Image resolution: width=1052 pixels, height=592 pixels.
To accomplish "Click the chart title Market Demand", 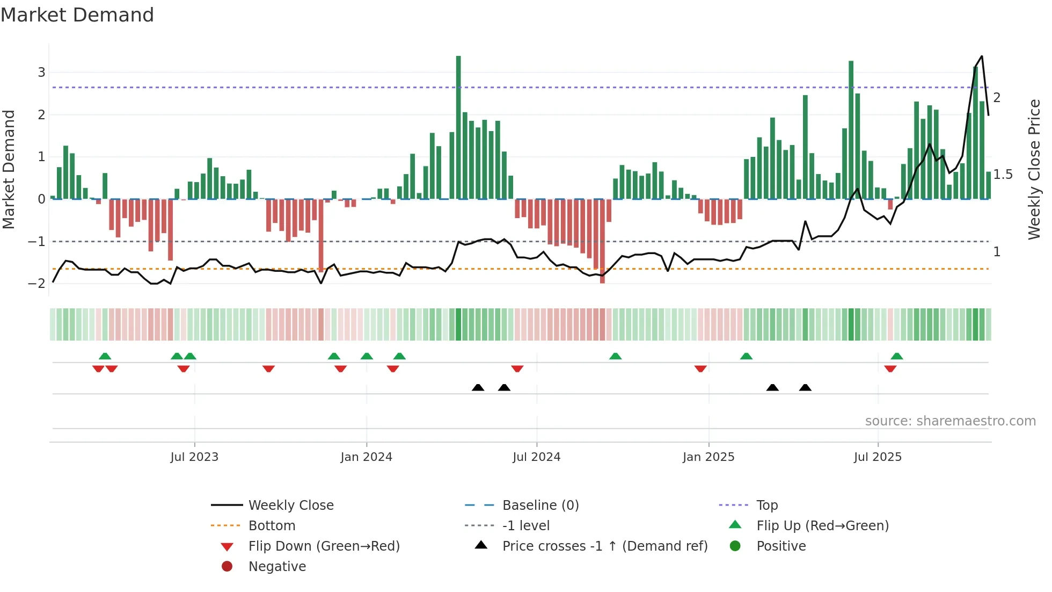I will coord(77,15).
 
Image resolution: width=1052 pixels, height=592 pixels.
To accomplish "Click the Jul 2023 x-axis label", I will coord(194,457).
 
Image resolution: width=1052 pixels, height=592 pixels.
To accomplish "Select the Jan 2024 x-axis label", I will coord(366,457).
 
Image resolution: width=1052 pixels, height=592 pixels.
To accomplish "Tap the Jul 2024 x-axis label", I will coord(536,457).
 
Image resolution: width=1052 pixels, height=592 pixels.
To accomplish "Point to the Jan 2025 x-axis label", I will coord(708,457).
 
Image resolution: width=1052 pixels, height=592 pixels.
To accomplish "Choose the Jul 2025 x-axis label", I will coord(878,457).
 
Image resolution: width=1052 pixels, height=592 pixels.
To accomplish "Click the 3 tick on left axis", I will coord(41,73).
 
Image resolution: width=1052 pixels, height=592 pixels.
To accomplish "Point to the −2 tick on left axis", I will coord(37,284).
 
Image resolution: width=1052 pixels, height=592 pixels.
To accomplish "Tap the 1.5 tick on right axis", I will coord(1003,175).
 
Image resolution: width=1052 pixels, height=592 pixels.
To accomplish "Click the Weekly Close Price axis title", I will coord(1034,169).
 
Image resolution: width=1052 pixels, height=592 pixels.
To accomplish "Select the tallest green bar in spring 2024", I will coord(458,127).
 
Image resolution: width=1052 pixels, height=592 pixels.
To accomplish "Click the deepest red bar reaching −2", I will coord(602,242).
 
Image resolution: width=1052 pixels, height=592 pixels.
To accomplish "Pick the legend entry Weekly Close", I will coord(290,506).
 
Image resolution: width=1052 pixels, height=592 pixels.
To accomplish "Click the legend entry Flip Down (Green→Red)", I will coord(324,546).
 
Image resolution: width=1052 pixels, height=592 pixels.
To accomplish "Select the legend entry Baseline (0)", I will coord(540,506).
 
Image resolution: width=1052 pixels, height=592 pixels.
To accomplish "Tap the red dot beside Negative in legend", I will coord(227,567).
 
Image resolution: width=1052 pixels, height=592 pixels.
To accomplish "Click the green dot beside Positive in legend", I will coord(735,546).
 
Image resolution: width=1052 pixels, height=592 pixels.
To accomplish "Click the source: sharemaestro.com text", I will coord(950,421).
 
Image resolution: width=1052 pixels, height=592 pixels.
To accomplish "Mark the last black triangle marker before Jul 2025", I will coord(805,387).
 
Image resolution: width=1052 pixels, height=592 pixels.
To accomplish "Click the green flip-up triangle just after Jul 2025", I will coord(897,356).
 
